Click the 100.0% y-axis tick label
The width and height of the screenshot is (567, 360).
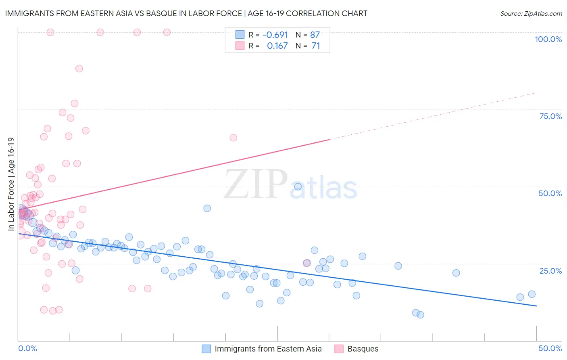pos(548,39)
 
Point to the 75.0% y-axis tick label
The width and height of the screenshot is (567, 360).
pos(550,116)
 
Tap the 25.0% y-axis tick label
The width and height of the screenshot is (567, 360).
pos(550,271)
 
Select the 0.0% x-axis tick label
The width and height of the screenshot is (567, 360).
pos(27,348)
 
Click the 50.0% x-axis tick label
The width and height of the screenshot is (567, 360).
pos(550,348)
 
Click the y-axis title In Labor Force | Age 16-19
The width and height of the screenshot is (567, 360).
pos(11,184)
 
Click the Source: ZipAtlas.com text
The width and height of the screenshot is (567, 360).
pos(531,14)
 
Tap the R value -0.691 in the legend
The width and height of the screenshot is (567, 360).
pos(275,35)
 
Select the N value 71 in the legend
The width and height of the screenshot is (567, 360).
pos(316,46)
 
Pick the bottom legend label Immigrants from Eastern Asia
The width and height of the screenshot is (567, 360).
pos(268,349)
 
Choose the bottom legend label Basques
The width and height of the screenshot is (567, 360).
pos(363,349)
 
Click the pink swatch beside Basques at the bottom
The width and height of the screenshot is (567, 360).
pos(339,349)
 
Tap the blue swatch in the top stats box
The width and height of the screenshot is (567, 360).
pos(240,35)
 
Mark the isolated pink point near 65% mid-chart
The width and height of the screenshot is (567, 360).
pos(233,138)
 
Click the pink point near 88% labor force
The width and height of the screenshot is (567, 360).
pos(79,69)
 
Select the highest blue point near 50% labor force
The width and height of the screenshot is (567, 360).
pos(298,186)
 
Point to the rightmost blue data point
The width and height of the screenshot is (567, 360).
pos(532,294)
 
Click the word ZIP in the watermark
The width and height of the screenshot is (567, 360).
pos(256,184)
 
